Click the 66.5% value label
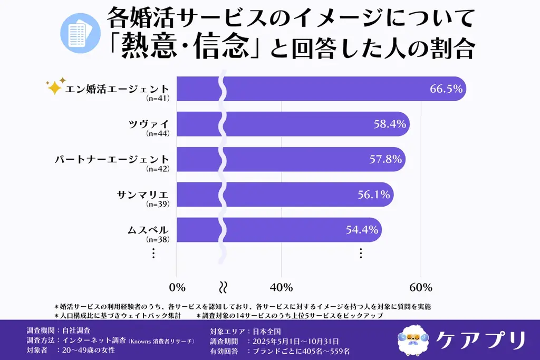[446, 89]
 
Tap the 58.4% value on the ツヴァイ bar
[389, 124]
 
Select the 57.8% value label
[385, 159]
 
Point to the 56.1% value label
[373, 194]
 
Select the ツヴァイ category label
[149, 124]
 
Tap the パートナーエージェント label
[112, 159]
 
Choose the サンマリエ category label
[142, 194]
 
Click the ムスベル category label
[148, 230]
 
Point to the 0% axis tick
[177, 287]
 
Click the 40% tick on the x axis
[281, 287]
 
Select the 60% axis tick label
[421, 287]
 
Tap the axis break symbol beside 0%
[223, 287]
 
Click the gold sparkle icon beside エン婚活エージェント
[54, 86]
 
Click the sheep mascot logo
[413, 338]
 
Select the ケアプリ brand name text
[480, 339]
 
